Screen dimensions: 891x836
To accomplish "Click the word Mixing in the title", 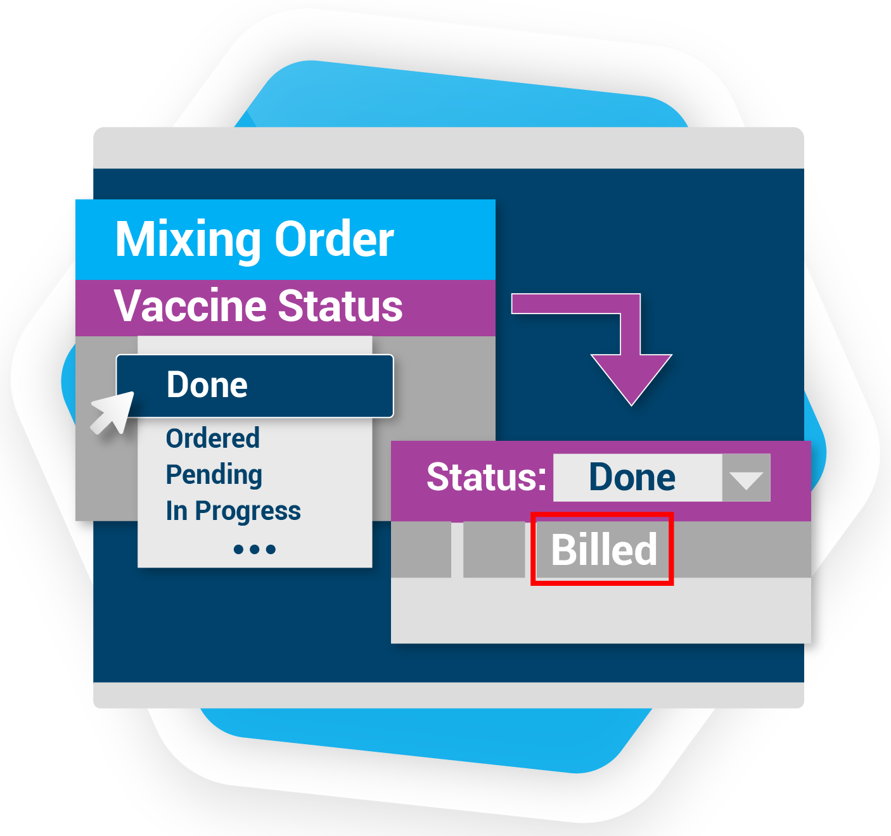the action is [x=188, y=240].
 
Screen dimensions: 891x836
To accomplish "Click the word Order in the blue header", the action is [x=334, y=239].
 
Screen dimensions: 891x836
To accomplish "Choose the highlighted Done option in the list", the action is [x=207, y=385].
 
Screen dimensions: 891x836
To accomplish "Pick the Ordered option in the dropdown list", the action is [x=213, y=438].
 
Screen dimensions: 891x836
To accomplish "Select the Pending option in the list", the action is [x=214, y=475].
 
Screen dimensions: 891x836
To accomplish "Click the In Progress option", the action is [x=233, y=511].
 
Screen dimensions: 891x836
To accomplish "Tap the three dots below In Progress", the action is [x=254, y=549].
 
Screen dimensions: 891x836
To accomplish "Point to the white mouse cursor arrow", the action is [x=112, y=413].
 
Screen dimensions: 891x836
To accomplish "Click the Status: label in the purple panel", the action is [x=486, y=477].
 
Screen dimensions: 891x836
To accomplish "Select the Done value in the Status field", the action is [x=632, y=477].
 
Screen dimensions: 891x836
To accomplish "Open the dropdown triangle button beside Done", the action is [x=746, y=478].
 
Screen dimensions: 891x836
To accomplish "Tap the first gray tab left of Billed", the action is [x=421, y=549].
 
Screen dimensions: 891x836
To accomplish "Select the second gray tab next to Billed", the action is [x=494, y=549].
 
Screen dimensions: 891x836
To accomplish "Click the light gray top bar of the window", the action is [x=449, y=148].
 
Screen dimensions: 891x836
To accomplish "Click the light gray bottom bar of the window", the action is [x=449, y=695].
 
